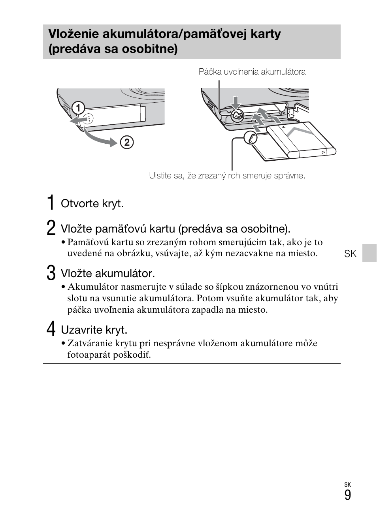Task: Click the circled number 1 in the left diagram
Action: click(78, 108)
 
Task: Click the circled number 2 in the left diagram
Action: click(127, 142)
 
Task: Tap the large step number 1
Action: click(50, 203)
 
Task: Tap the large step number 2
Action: click(51, 228)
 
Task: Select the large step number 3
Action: click(51, 273)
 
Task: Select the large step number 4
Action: click(51, 329)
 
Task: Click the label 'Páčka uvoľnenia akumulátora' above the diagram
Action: click(252, 72)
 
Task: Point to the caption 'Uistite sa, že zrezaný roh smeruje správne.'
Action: click(227, 176)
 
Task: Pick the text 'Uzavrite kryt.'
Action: click(94, 330)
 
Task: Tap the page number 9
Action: click(347, 495)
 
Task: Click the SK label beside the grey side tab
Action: click(350, 254)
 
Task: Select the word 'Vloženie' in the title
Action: click(74, 34)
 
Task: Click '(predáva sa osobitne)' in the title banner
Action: click(113, 49)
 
